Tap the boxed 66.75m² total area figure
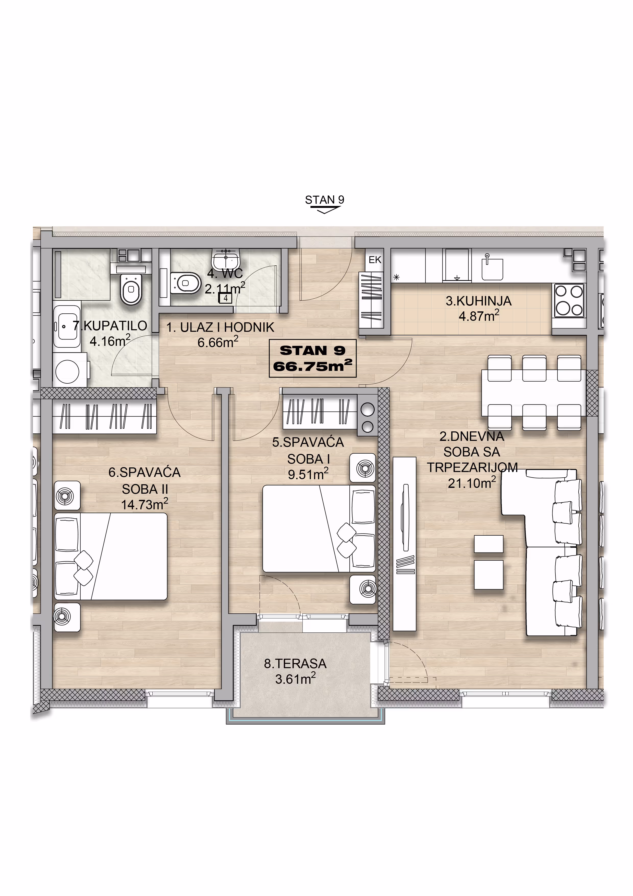tap(313, 366)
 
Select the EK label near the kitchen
tap(375, 260)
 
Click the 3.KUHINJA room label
tap(479, 301)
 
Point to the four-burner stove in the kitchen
tap(569, 300)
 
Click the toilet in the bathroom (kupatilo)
tap(131, 288)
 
